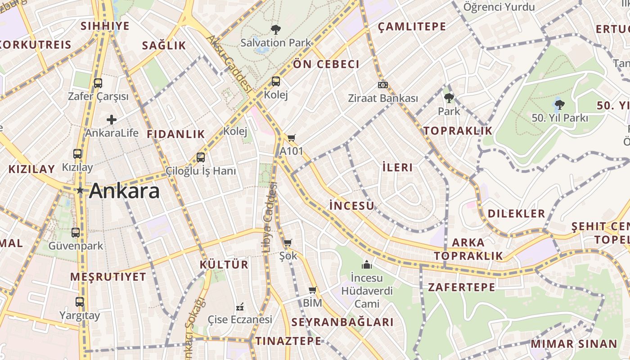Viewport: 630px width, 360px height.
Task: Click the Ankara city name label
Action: (124, 191)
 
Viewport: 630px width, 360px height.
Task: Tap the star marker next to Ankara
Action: (80, 191)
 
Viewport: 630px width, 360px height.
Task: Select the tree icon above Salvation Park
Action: (275, 30)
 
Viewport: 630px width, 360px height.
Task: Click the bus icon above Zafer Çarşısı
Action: (98, 83)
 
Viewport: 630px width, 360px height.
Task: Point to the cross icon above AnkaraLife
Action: (112, 120)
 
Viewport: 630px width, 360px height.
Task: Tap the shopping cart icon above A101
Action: (292, 138)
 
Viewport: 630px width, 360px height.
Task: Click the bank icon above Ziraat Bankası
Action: (383, 85)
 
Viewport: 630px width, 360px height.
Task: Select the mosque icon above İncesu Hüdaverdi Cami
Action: (367, 264)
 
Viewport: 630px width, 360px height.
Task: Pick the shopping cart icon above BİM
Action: (312, 290)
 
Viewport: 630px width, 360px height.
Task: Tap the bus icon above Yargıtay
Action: (80, 302)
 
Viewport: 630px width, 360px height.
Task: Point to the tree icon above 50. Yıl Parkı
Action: (559, 104)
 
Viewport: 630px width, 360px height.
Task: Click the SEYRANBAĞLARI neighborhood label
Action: (342, 322)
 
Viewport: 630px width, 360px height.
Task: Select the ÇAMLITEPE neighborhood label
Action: (412, 27)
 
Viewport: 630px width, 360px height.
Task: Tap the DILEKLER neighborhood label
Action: (516, 213)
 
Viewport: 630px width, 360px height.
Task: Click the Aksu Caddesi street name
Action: (229, 63)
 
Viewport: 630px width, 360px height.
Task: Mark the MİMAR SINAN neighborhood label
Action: (574, 344)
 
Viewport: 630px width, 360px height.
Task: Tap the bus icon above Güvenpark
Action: (76, 233)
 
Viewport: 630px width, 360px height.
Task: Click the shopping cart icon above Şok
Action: (288, 243)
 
